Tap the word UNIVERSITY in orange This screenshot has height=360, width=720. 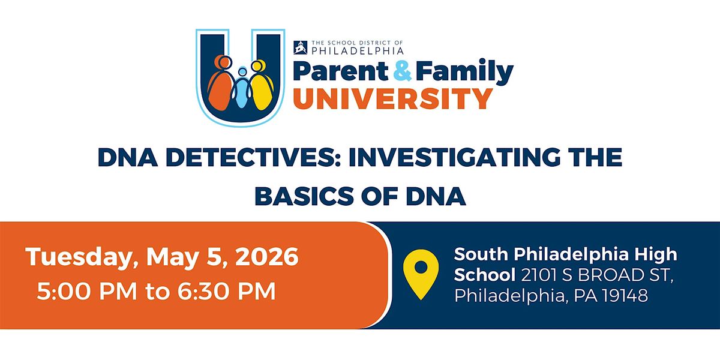tap(393, 98)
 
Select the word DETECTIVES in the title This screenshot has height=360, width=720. tap(253, 157)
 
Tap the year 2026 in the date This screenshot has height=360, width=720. tap(267, 257)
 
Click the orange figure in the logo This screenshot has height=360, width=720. tap(220, 85)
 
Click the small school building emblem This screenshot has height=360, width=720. tap(300, 47)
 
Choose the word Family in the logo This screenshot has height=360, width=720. tap(464, 72)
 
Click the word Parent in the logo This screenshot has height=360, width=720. tap(341, 71)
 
